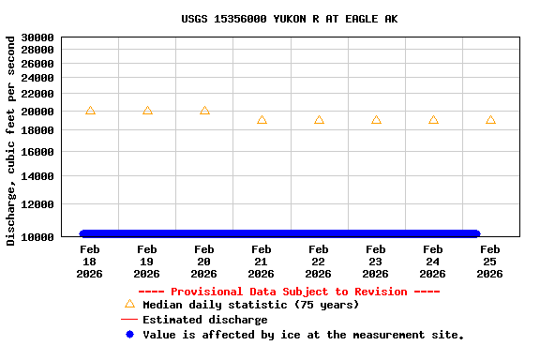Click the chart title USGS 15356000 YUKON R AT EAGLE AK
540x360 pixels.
(x=289, y=19)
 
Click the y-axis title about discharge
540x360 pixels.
(x=11, y=141)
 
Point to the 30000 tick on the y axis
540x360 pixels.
(x=37, y=38)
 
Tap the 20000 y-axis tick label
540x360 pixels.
(x=37, y=112)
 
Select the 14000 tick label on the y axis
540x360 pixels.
(x=37, y=176)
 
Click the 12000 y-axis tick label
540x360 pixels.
(x=37, y=204)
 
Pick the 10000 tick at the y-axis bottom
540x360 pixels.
(x=37, y=237)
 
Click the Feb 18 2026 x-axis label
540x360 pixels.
(x=90, y=262)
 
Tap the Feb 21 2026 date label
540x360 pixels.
(x=262, y=262)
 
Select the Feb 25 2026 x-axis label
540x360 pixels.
(x=490, y=262)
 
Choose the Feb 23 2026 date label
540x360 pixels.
(x=376, y=262)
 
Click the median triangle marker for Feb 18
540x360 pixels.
(x=90, y=111)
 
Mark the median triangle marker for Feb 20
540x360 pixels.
(x=204, y=111)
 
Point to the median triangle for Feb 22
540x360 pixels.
(x=319, y=120)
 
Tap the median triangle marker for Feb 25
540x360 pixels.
(x=490, y=120)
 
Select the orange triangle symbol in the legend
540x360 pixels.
(x=129, y=304)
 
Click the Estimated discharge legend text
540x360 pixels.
(x=204, y=320)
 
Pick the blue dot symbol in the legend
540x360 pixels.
(x=129, y=335)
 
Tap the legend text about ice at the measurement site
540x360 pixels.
(x=303, y=335)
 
